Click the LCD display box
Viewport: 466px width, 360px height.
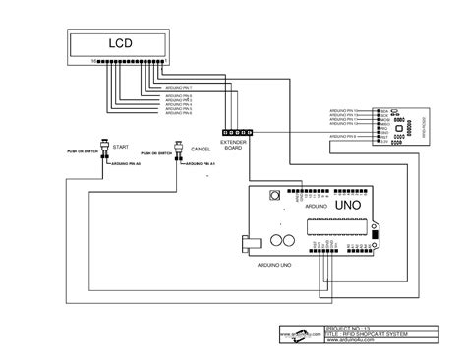pyautogui.click(x=118, y=44)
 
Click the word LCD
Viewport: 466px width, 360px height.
pyautogui.click(x=118, y=44)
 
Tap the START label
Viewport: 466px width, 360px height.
pyautogui.click(x=121, y=146)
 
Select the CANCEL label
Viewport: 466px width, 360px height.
pyautogui.click(x=201, y=149)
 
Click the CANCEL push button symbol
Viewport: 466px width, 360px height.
pyautogui.click(x=180, y=147)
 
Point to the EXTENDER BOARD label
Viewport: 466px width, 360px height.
pyautogui.click(x=233, y=146)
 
